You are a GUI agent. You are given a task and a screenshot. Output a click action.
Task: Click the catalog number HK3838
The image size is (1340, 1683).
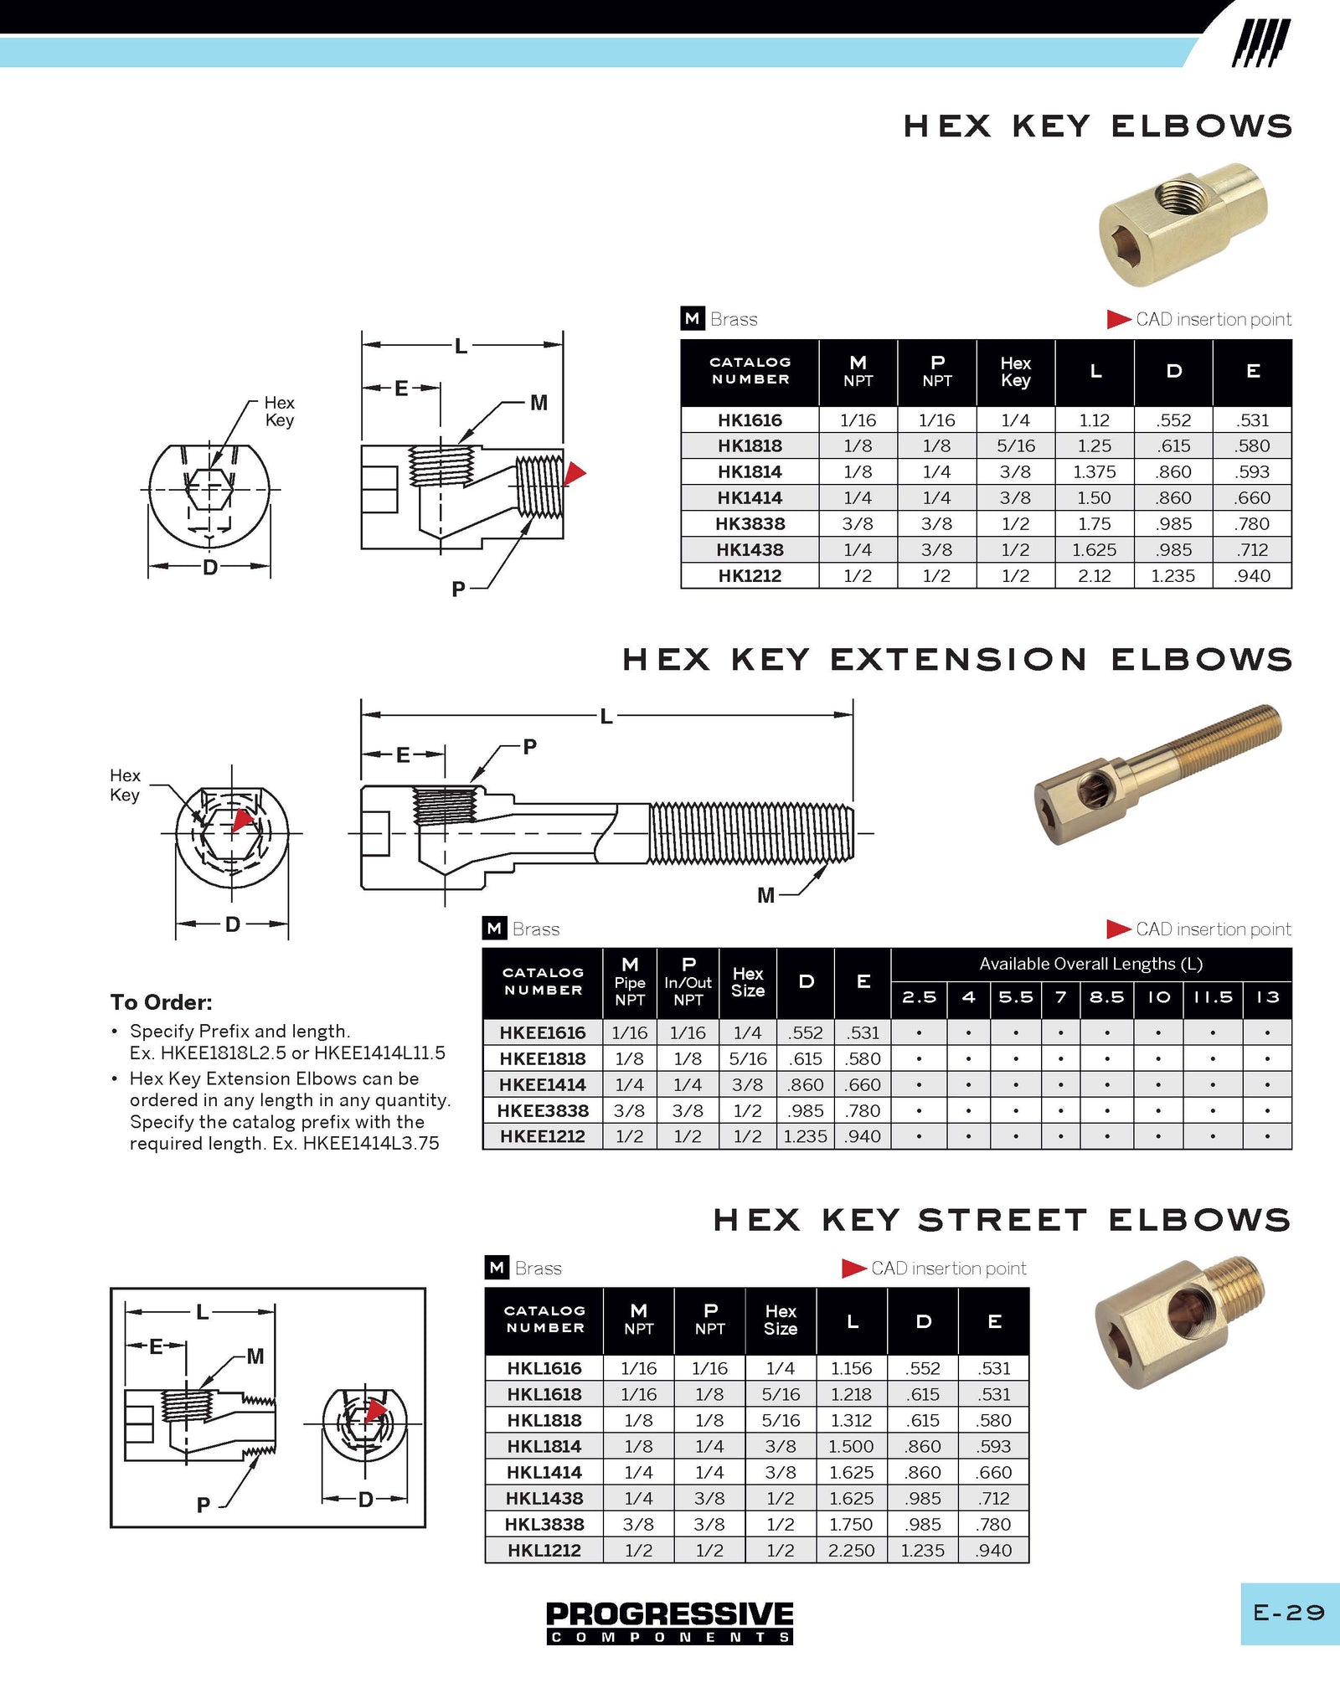click(750, 524)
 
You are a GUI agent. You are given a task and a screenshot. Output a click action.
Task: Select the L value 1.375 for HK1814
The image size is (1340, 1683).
click(1094, 472)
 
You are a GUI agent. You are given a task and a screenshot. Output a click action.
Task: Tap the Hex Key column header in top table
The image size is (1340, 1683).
click(1015, 372)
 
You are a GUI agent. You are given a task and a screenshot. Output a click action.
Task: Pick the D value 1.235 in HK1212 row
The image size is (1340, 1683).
click(1172, 576)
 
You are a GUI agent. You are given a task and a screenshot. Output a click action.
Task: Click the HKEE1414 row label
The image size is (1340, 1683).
click(542, 1085)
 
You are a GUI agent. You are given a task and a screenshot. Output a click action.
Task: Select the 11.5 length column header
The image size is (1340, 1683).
click(1212, 997)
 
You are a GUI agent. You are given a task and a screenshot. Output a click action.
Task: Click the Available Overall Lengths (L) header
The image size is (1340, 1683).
click(1090, 964)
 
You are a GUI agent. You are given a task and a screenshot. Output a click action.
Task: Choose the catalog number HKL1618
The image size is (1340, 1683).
click(544, 1394)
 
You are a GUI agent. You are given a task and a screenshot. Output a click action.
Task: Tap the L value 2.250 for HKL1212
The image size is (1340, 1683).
click(851, 1550)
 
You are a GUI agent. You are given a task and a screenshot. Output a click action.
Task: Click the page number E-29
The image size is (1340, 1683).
click(1288, 1613)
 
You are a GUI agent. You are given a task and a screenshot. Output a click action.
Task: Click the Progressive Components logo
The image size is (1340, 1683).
click(669, 1623)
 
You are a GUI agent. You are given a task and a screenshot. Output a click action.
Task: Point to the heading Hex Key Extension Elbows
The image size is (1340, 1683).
click(956, 660)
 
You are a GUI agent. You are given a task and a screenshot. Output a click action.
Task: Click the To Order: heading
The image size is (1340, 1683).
click(162, 1002)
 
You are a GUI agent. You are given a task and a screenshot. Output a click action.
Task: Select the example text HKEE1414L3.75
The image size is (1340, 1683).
click(370, 1144)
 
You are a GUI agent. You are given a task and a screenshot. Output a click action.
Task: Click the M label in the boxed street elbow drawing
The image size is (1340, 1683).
click(255, 1356)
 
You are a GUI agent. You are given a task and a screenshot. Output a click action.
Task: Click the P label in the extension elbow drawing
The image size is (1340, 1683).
click(529, 746)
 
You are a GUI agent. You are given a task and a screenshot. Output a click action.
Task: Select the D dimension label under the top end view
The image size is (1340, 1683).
click(210, 568)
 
